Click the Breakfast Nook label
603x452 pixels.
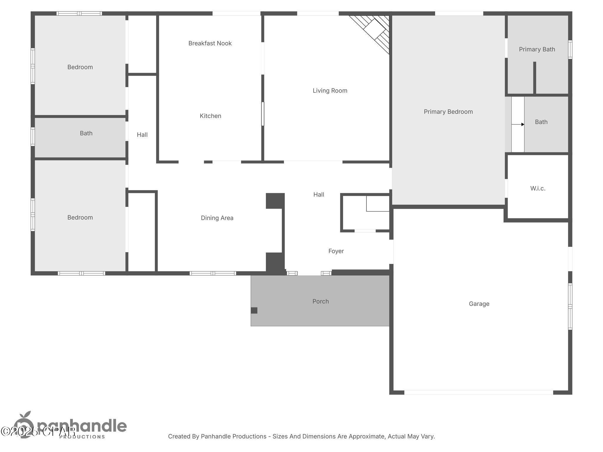(x=210, y=43)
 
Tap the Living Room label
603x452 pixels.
(x=330, y=91)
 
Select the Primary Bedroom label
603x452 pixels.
(x=448, y=112)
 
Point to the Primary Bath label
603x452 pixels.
(x=537, y=49)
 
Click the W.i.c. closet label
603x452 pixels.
(x=538, y=189)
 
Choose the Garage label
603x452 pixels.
(x=479, y=304)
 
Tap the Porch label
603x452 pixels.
(x=320, y=301)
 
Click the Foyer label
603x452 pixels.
(x=336, y=251)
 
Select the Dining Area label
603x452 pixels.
(x=217, y=218)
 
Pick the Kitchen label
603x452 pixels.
(x=210, y=116)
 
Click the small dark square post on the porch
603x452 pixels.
(x=254, y=310)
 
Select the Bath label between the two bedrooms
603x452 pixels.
(x=86, y=133)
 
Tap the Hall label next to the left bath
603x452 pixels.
(x=142, y=135)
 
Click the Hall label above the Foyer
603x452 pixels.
(x=319, y=195)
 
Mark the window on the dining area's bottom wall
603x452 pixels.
(x=213, y=273)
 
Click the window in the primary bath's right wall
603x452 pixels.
(x=570, y=49)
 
